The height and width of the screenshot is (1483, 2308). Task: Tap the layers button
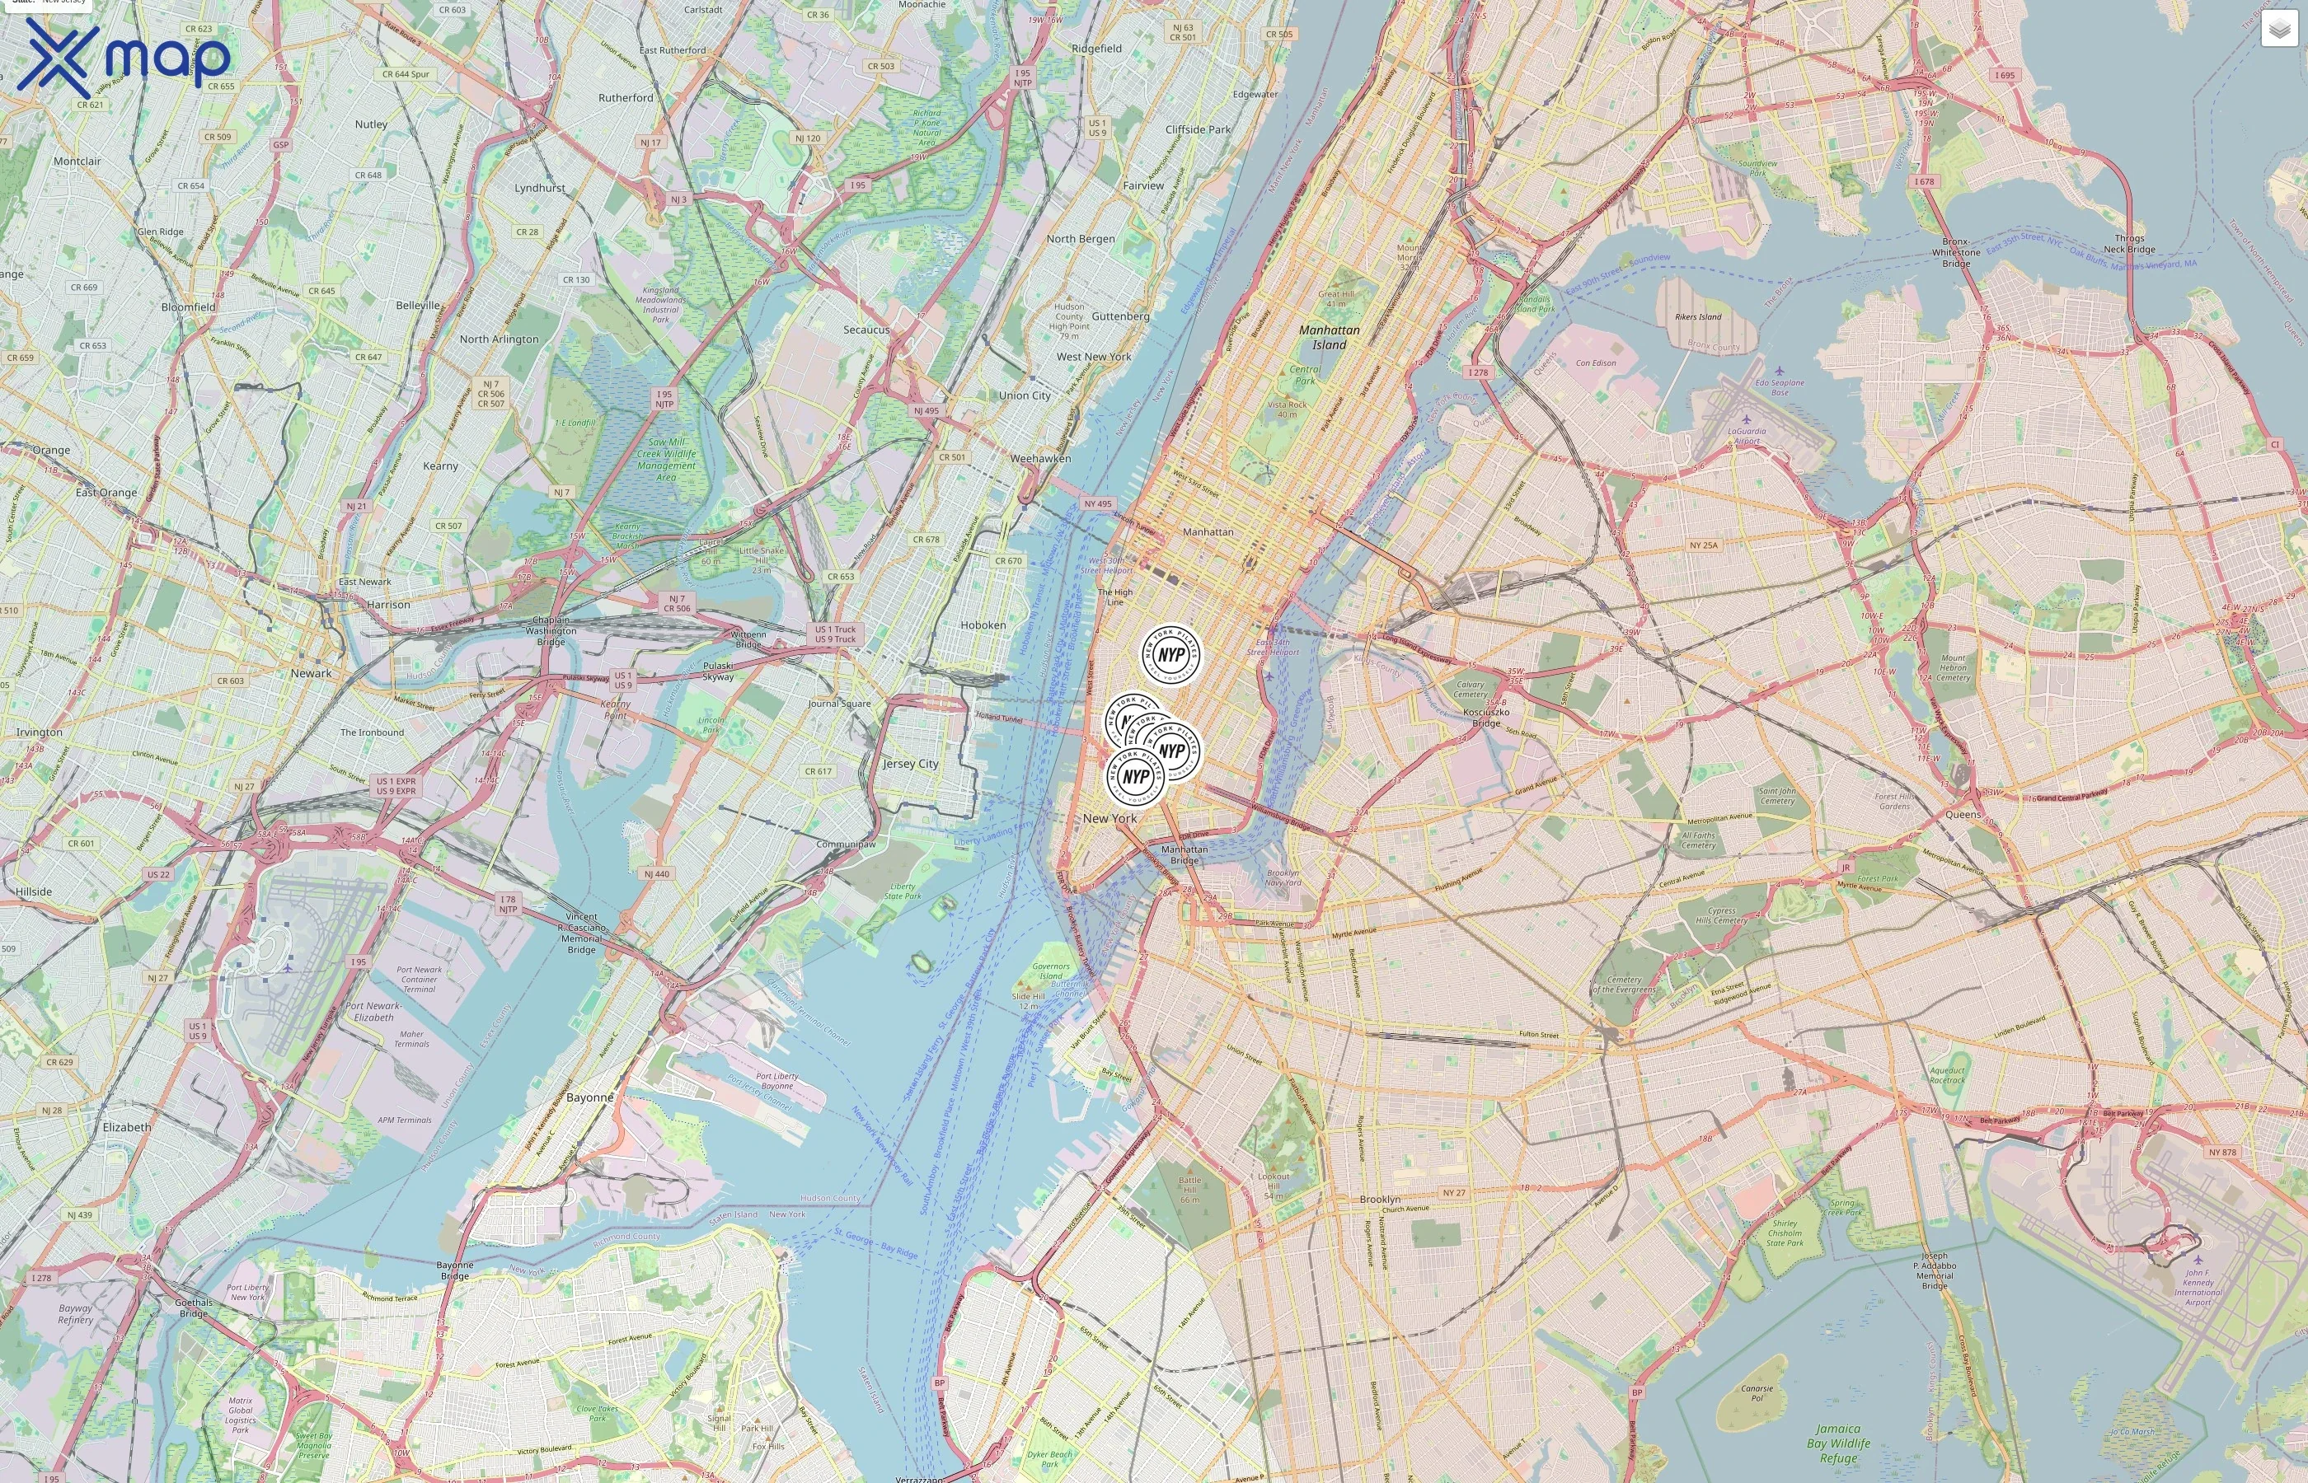(x=2278, y=29)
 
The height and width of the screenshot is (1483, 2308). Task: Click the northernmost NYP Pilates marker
(x=1170, y=654)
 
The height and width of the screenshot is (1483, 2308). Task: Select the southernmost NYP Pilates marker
(x=1136, y=776)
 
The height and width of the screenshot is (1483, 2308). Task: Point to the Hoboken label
(x=983, y=625)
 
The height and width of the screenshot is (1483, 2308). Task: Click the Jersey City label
(x=910, y=764)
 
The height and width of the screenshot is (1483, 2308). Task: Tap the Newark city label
(x=310, y=673)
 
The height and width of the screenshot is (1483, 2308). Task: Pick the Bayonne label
(x=589, y=1097)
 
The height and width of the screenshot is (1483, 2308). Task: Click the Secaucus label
(x=866, y=330)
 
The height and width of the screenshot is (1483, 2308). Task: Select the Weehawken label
(x=1040, y=458)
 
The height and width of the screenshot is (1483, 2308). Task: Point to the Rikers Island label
(x=1697, y=317)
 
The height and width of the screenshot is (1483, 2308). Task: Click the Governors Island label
(x=1050, y=971)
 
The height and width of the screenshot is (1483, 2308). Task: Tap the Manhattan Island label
(x=1329, y=337)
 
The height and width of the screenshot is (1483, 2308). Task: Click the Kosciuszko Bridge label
(x=1485, y=718)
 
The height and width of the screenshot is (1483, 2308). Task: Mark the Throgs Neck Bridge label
(x=2129, y=244)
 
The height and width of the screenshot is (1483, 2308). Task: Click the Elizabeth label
(x=126, y=1127)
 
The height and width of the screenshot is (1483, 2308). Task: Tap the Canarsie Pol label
(x=1757, y=1392)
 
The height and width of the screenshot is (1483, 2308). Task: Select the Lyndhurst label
(x=539, y=188)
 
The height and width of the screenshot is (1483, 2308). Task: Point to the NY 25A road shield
(x=1703, y=545)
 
